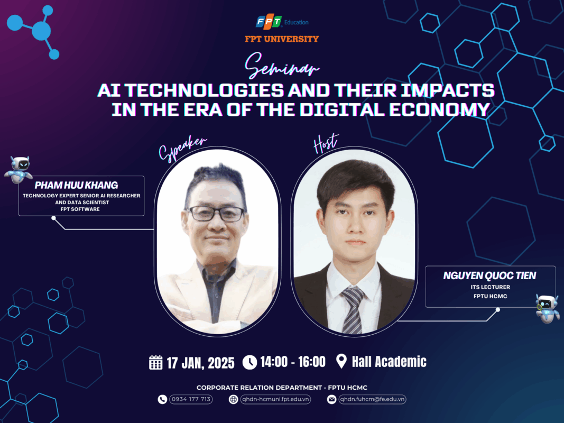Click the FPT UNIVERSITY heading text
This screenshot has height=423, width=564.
click(282, 39)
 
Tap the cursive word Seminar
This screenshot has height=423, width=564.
click(281, 66)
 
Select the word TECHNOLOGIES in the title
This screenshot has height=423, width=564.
click(205, 90)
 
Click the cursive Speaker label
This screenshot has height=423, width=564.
click(182, 149)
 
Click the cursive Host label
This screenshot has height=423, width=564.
click(326, 143)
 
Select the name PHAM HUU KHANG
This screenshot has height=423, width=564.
click(76, 185)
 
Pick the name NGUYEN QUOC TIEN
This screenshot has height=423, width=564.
click(489, 275)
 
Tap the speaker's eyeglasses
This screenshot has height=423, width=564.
click(217, 214)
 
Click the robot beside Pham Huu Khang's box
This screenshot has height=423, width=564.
click(19, 170)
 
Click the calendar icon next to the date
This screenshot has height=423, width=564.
click(156, 362)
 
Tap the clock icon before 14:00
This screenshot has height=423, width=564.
click(249, 362)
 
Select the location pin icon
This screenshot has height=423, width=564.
click(341, 361)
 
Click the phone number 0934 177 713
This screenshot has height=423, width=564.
click(191, 399)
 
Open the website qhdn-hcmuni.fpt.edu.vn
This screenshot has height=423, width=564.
click(275, 399)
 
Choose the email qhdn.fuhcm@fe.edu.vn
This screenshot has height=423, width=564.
click(372, 399)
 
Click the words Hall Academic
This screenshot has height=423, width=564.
click(389, 362)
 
